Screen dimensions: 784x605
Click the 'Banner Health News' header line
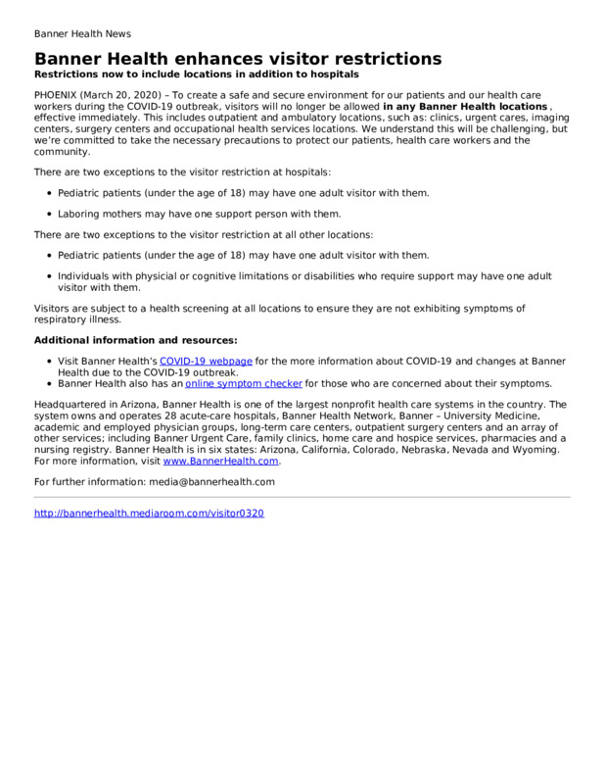[x=82, y=33]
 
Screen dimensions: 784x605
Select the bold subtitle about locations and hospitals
[x=196, y=74]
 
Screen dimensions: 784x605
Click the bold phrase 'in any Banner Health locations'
[x=465, y=106]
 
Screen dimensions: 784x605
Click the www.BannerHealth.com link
[x=221, y=460]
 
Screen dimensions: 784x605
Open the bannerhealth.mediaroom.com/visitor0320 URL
[x=149, y=513]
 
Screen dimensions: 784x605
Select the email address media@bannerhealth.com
[x=211, y=481]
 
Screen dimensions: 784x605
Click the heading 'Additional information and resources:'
[x=135, y=340]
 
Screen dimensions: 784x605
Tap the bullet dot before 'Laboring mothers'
[x=49, y=214]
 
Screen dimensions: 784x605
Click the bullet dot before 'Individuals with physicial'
[x=49, y=276]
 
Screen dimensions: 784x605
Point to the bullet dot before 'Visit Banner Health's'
[x=49, y=363]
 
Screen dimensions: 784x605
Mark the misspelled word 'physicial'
[x=168, y=276]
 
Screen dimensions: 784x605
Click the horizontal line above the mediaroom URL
[x=302, y=497]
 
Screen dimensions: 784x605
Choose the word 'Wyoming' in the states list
[x=535, y=449]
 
